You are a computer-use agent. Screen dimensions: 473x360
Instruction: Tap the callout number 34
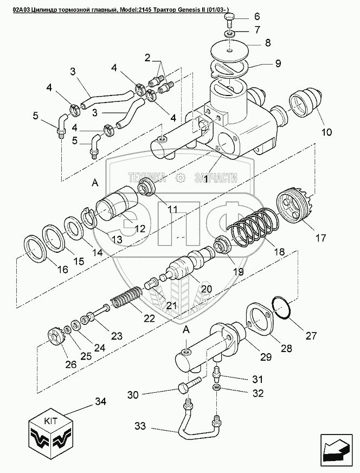[x=100, y=402]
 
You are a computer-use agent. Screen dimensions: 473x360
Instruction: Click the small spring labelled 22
[x=126, y=299]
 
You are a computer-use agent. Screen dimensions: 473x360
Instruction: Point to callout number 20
[x=206, y=289]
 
